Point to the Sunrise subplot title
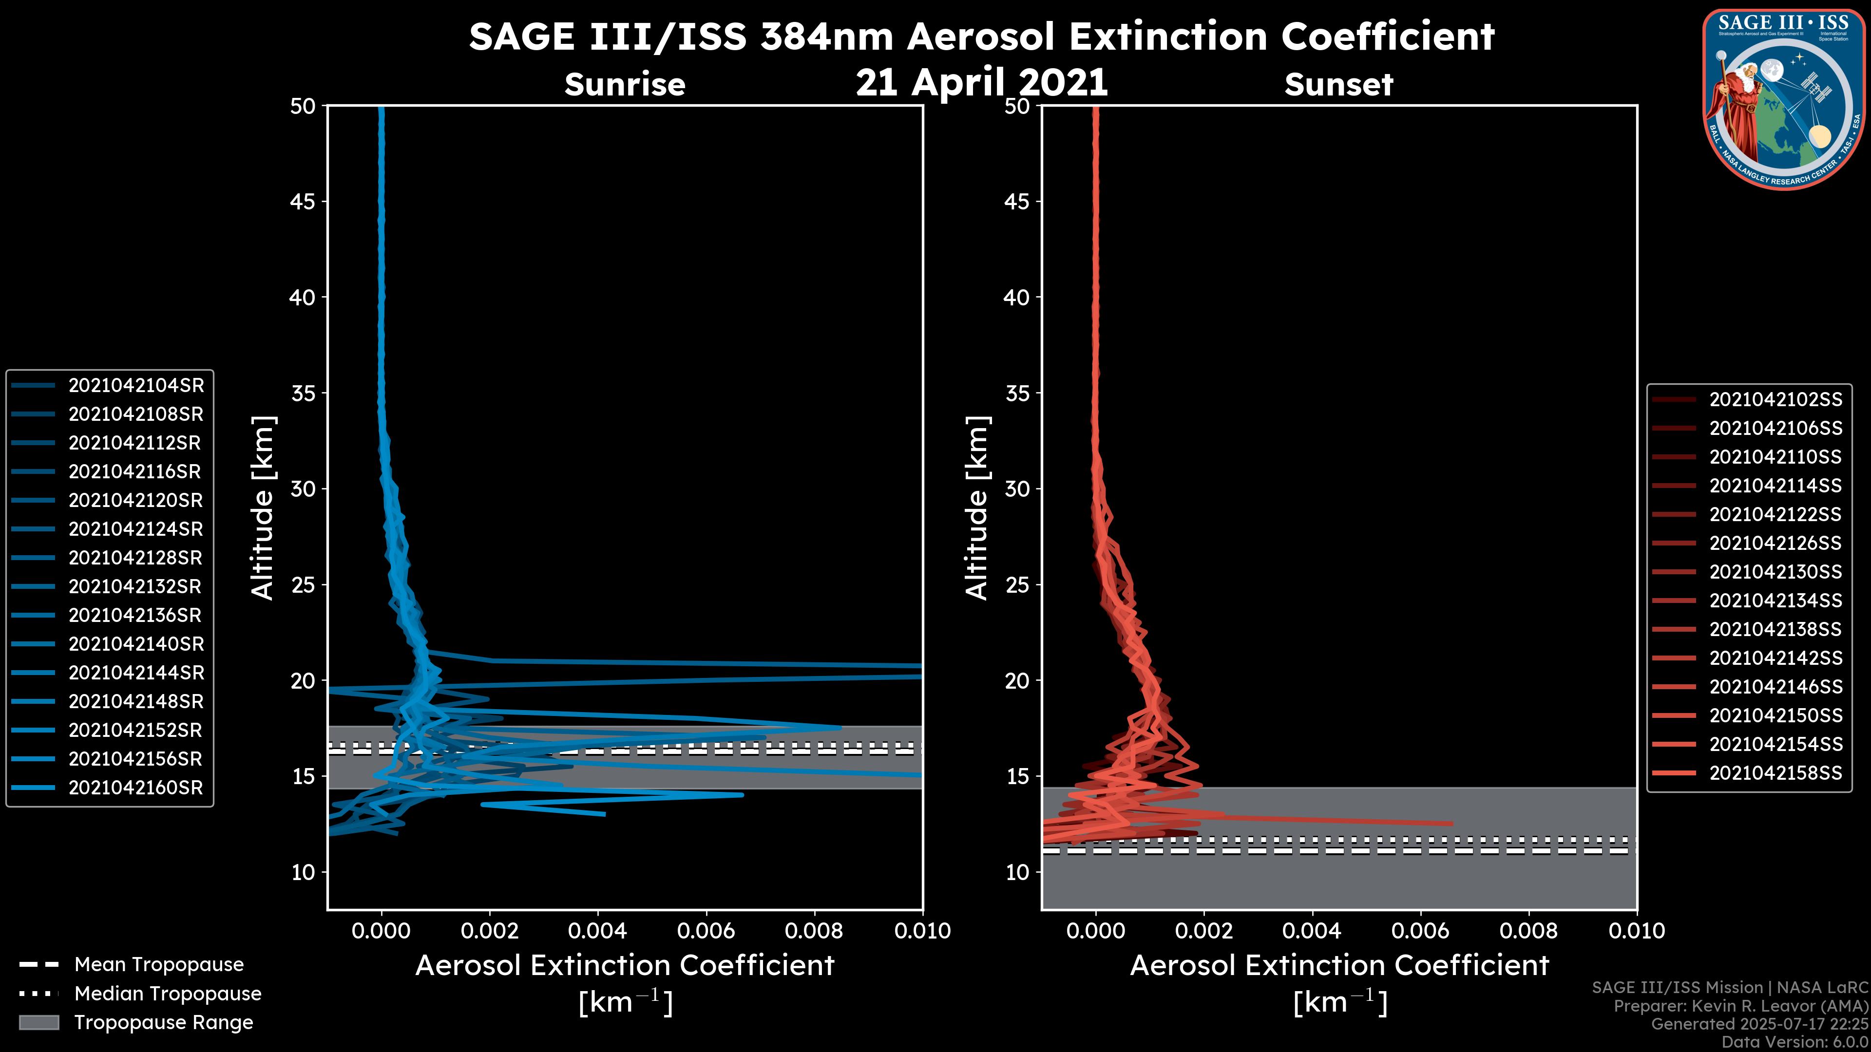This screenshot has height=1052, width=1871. click(625, 85)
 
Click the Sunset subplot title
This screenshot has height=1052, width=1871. click(1338, 85)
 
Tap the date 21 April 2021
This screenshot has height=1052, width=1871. click(981, 82)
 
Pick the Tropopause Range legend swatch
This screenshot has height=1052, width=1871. click(38, 1023)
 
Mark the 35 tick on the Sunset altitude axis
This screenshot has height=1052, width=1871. click(1017, 394)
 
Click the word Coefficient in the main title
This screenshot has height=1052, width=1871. click(1387, 37)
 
